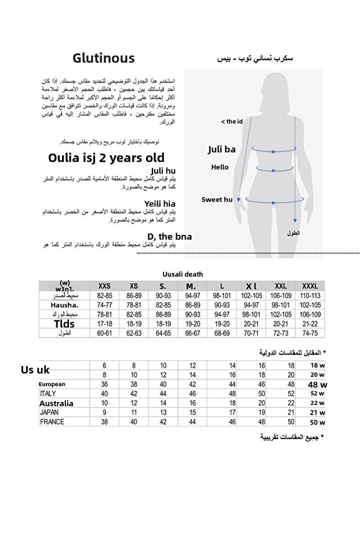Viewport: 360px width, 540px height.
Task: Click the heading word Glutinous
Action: click(104, 58)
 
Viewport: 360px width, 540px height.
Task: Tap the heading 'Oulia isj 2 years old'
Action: click(106, 158)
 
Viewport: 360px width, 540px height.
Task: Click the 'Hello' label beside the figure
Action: click(220, 167)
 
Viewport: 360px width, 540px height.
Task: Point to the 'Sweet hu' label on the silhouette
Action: click(217, 200)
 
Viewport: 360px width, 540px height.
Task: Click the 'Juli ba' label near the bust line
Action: click(221, 150)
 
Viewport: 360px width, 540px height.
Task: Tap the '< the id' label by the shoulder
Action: click(231, 121)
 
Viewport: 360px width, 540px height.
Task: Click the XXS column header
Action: click(105, 287)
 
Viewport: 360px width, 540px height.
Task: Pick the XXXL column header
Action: click(310, 287)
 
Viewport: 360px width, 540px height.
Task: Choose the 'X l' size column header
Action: click(251, 287)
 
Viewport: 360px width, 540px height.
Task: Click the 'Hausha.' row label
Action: click(64, 305)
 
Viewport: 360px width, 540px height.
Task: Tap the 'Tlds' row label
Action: click(64, 324)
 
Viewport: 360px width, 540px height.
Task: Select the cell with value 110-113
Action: click(310, 296)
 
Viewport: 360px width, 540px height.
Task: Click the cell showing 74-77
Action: click(105, 305)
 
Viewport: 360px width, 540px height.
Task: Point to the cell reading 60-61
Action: click(105, 334)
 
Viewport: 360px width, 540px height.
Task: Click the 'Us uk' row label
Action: click(35, 370)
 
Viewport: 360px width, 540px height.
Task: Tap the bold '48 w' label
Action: click(317, 385)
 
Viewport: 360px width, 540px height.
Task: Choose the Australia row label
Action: click(56, 403)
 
